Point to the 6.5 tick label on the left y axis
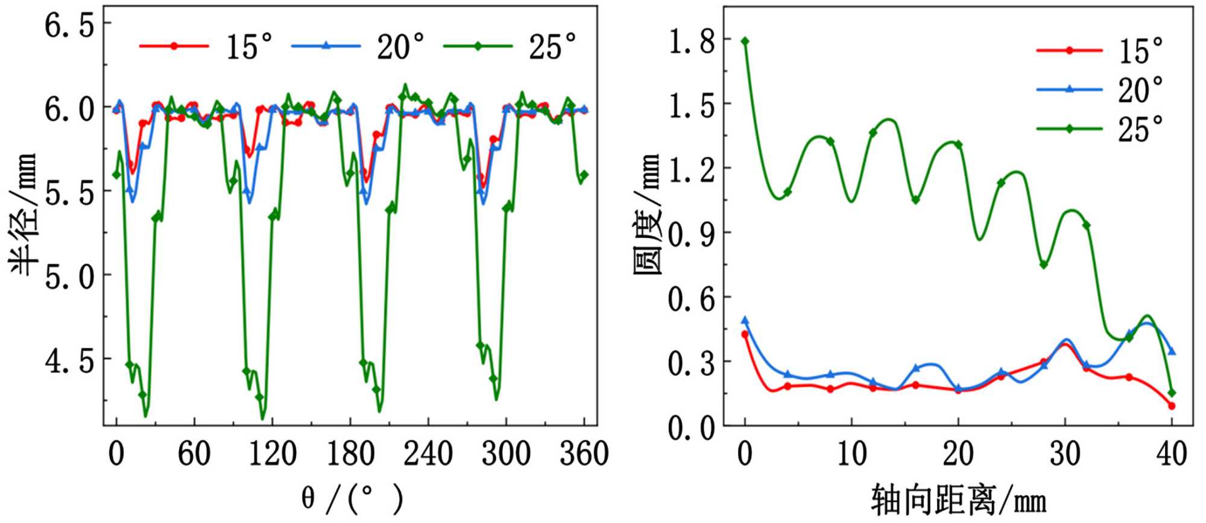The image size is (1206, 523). pyautogui.click(x=69, y=25)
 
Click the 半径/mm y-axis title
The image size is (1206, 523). pyautogui.click(x=24, y=214)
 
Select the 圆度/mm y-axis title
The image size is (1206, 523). pyautogui.click(x=648, y=214)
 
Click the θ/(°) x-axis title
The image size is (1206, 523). pyautogui.click(x=352, y=499)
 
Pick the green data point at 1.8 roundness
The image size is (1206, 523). pyautogui.click(x=745, y=41)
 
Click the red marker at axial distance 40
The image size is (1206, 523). pyautogui.click(x=1172, y=406)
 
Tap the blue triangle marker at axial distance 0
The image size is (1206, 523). pyautogui.click(x=745, y=320)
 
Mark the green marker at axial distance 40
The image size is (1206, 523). pyautogui.click(x=1172, y=393)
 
